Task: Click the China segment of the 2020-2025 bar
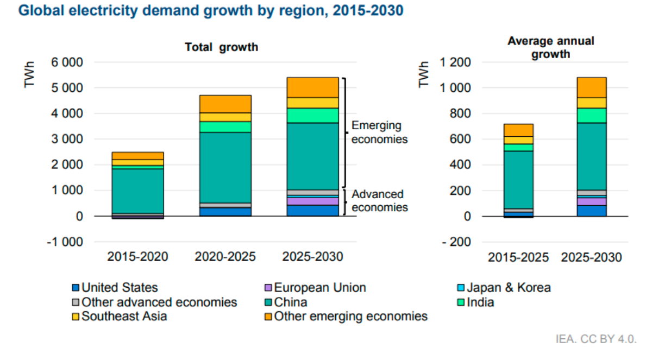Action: point(225,167)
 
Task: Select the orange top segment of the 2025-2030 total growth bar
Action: point(312,87)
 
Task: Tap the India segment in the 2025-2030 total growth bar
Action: point(312,116)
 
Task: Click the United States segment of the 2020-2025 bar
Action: point(225,212)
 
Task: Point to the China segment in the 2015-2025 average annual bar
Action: point(518,179)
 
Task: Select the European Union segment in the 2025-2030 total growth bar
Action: point(312,201)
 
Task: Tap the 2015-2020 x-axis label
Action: point(138,257)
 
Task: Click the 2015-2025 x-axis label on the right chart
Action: point(518,257)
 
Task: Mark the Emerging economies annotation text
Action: point(379,132)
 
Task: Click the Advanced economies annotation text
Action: point(379,201)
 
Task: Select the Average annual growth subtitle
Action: point(551,47)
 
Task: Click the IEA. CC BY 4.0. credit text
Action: point(595,339)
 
